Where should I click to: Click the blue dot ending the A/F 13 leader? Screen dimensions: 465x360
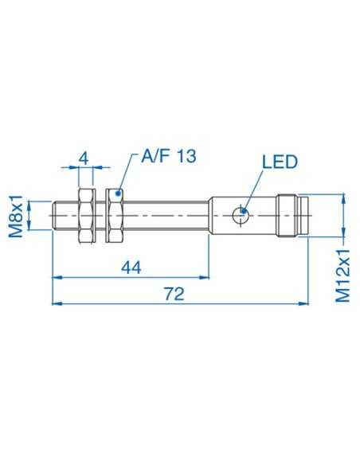point(119,192)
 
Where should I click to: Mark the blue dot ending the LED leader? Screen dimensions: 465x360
point(244,213)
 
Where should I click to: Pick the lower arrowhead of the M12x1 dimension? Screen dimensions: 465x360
point(343,232)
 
